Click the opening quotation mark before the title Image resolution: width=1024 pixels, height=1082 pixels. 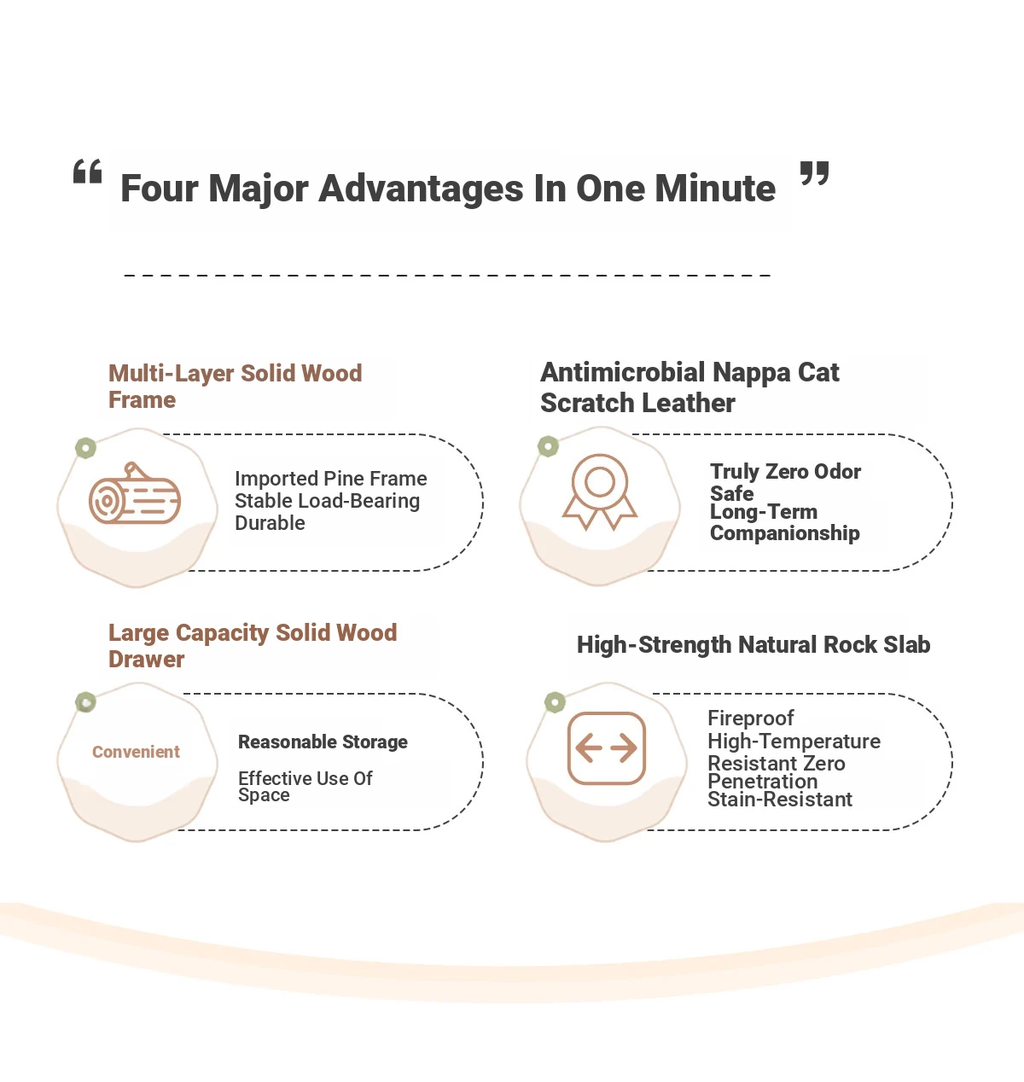coord(88,172)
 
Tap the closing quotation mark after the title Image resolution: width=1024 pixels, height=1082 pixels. coord(814,173)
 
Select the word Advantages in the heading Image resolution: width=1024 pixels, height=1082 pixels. coord(422,189)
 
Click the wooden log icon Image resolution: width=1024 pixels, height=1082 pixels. coord(135,492)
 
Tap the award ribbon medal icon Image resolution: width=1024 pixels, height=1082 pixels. coord(600,492)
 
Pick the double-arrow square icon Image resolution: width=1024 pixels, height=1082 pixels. coord(606,748)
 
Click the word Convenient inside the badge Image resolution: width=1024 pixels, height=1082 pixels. coord(136,751)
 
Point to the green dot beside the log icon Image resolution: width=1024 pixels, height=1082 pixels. coord(86,448)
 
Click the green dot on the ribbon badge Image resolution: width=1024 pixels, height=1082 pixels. coord(549,446)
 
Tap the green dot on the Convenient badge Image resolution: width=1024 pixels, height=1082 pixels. coord(86,702)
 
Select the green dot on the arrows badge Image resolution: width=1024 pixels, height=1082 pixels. coord(555,702)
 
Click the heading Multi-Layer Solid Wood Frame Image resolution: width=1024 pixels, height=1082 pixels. coord(235,387)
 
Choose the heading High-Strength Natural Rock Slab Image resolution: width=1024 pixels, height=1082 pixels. coord(753,644)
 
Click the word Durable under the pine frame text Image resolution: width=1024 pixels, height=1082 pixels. coord(270,523)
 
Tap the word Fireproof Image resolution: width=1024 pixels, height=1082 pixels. coord(750,718)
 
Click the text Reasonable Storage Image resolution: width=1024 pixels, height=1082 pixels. coord(323,742)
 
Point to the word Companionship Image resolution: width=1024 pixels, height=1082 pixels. coord(784,533)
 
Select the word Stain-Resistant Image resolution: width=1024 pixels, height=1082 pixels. coord(780,799)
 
